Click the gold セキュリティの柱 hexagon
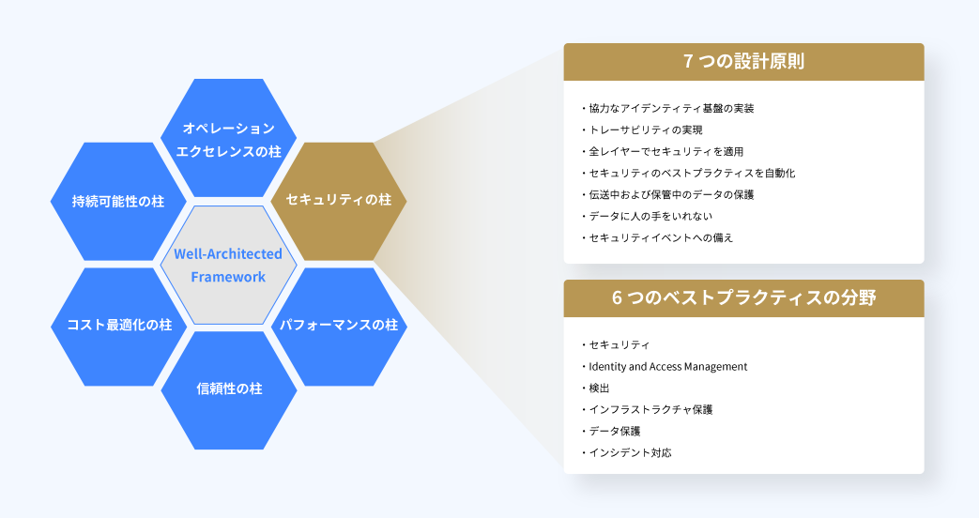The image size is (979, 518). coord(339,201)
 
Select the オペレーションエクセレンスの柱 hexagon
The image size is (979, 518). coord(228,138)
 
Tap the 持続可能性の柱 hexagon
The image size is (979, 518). coord(118,201)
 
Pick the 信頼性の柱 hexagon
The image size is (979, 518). coord(229,390)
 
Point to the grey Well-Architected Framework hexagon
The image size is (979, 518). coord(228,265)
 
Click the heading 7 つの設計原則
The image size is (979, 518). coord(743,61)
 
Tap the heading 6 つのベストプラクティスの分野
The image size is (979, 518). coord(743,297)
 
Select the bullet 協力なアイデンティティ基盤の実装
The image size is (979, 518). coord(667,109)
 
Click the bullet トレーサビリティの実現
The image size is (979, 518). coord(641,129)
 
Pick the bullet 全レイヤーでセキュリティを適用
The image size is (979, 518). coord(662,152)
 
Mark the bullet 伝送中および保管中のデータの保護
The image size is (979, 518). coord(667,194)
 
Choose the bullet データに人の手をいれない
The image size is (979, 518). coord(646,216)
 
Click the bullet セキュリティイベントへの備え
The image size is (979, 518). coord(657,237)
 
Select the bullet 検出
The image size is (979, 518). coord(595,388)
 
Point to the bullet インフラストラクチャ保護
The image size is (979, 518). coord(647,409)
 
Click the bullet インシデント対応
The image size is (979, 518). coord(626,452)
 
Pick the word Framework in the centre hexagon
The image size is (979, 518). coord(228,277)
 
